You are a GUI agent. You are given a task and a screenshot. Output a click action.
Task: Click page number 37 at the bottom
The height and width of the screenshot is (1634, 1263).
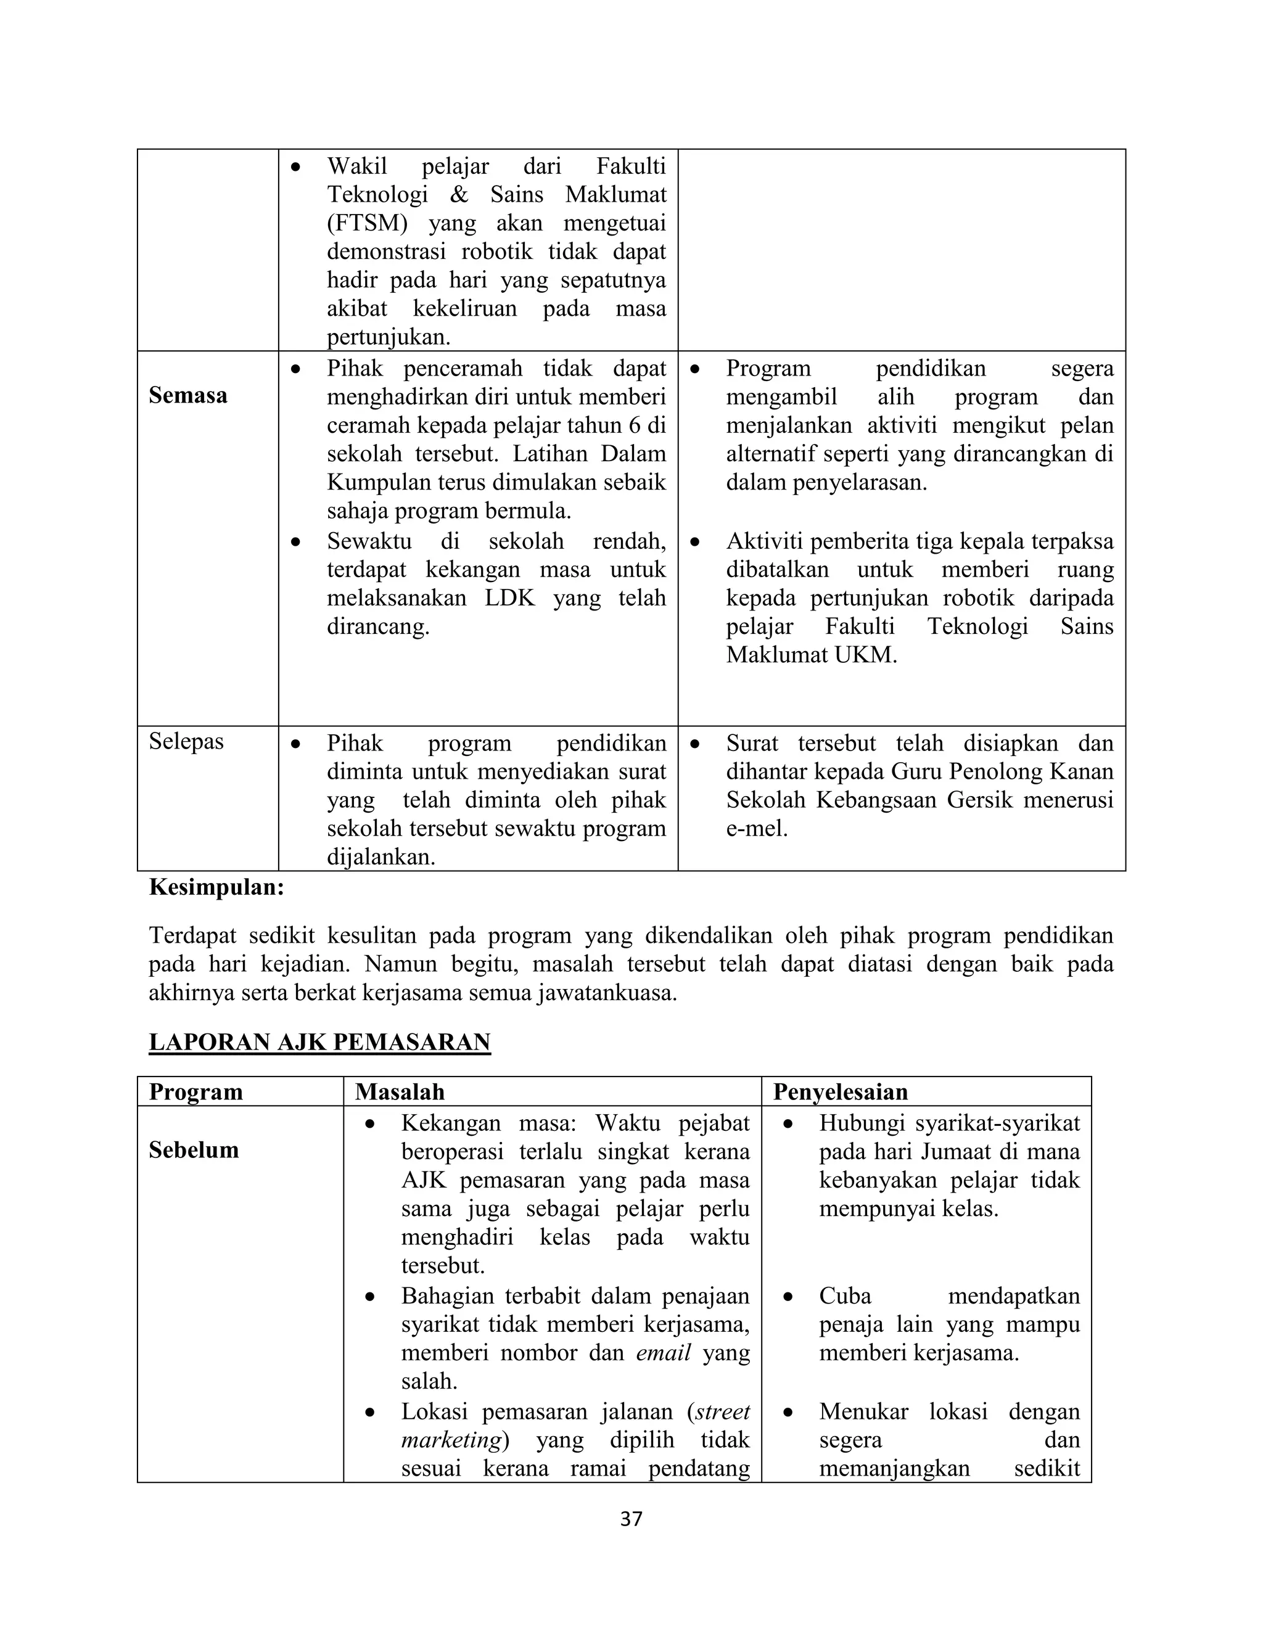(631, 1519)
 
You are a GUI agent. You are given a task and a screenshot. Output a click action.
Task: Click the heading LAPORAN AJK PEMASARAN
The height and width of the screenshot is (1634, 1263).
(319, 1041)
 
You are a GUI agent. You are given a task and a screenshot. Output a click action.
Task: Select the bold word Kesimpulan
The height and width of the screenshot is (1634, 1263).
(216, 887)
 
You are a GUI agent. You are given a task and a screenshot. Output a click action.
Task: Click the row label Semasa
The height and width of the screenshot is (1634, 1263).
(188, 395)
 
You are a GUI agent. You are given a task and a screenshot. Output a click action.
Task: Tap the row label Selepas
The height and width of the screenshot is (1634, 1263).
(186, 741)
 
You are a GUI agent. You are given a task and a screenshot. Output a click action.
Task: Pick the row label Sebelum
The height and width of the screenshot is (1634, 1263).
(194, 1150)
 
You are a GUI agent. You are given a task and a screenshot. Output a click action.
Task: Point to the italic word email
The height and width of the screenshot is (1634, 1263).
(664, 1353)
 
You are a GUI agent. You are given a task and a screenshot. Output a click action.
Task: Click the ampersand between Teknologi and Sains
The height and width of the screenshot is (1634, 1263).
(459, 194)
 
